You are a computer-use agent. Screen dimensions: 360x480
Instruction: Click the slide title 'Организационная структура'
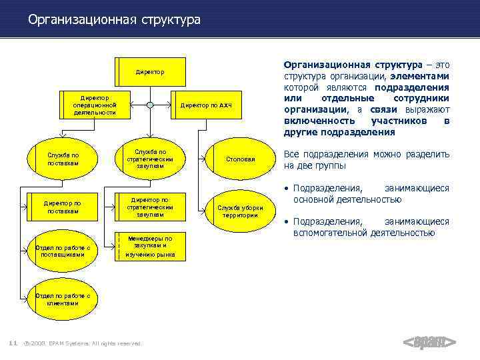point(114,20)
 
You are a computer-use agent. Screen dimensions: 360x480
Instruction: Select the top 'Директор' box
point(150,71)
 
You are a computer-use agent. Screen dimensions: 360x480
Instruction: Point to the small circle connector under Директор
point(150,105)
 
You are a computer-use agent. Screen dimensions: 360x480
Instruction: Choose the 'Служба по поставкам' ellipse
point(63,159)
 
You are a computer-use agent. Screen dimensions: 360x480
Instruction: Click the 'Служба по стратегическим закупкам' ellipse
point(150,159)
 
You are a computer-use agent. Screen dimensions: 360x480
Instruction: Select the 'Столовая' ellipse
point(241,159)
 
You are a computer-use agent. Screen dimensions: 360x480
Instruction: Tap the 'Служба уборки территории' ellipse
point(241,211)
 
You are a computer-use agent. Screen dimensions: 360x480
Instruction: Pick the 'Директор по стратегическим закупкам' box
point(150,207)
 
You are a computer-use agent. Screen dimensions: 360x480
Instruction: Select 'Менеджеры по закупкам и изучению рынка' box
point(150,247)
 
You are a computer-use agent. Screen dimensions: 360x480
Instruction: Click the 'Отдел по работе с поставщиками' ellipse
point(63,250)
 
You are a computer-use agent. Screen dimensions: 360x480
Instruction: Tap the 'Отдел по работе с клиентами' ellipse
point(63,299)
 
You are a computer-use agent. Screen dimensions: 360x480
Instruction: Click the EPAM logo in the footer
point(430,342)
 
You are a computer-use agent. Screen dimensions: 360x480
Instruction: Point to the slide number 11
point(13,343)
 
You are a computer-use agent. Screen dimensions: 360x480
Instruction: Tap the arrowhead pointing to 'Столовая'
point(206,159)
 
